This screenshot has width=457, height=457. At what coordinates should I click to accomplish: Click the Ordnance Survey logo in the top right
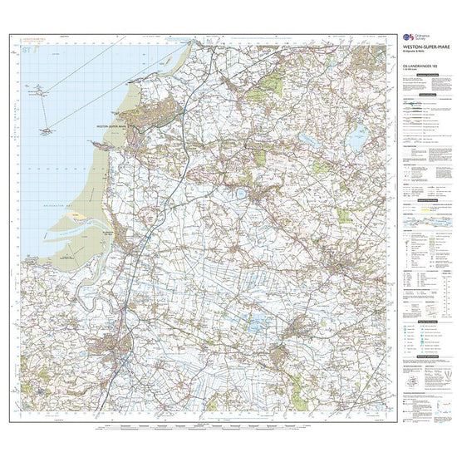coord(412,38)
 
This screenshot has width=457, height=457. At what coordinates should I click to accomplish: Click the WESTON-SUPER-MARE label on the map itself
coord(115,125)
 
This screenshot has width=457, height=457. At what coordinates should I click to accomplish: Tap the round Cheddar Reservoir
coord(240,193)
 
